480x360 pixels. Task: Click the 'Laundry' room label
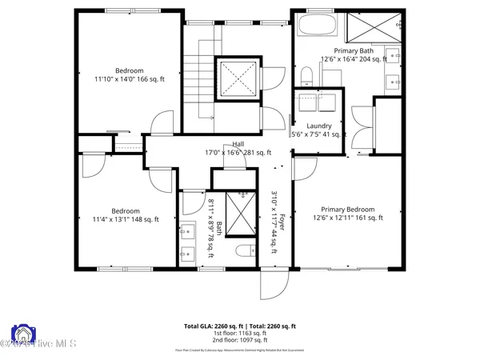click(319, 126)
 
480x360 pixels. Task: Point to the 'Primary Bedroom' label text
click(353, 210)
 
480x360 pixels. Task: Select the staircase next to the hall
click(198, 85)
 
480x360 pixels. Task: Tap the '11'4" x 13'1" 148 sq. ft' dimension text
click(126, 219)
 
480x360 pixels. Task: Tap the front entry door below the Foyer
click(273, 280)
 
